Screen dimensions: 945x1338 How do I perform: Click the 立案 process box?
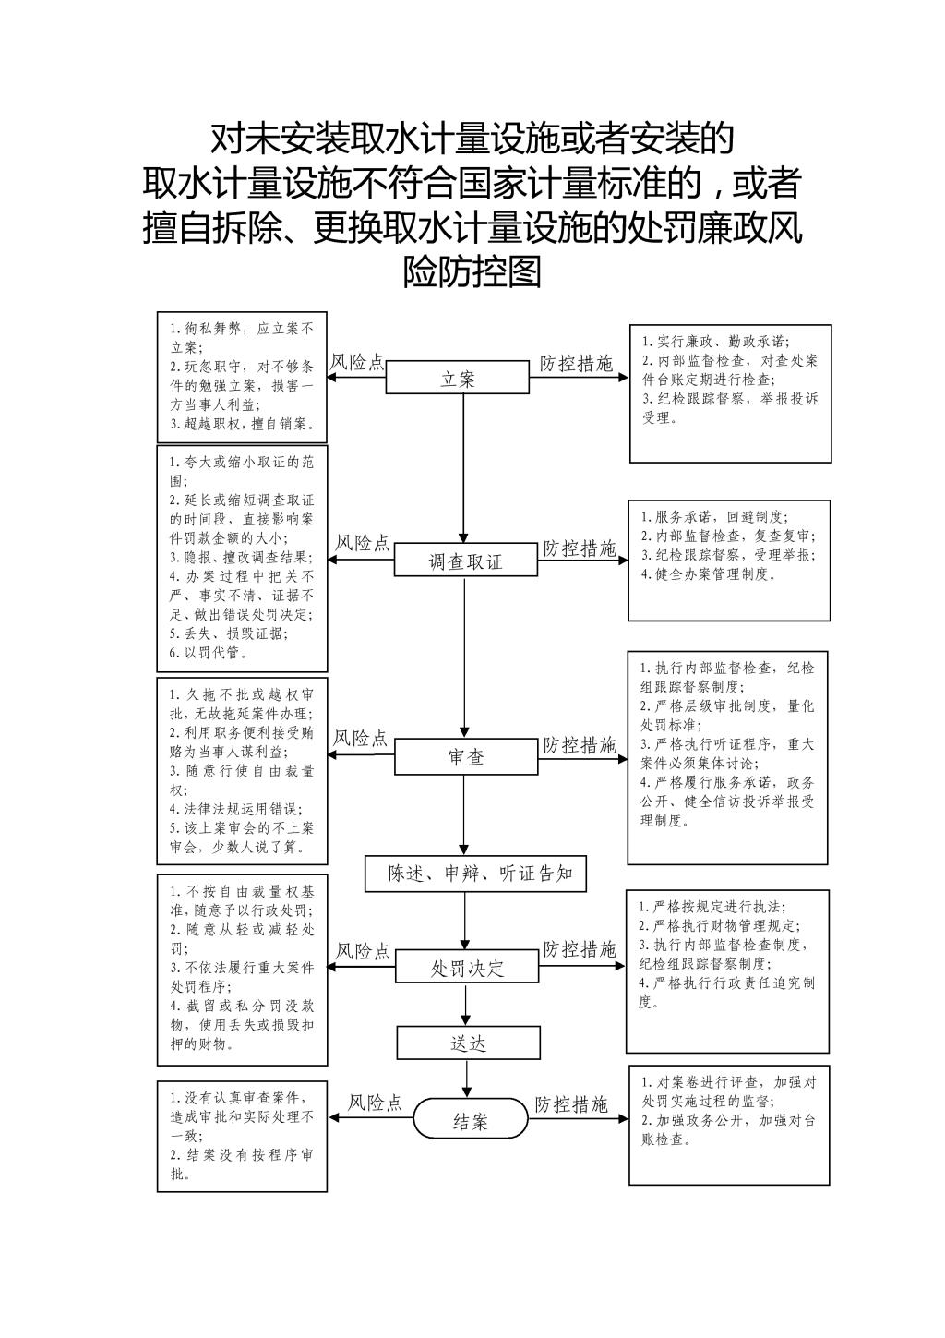457,377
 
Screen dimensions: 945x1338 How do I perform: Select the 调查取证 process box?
465,559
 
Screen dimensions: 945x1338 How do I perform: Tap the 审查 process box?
466,757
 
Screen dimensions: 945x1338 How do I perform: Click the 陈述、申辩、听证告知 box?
475,874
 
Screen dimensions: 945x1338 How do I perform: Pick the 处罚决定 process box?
467,966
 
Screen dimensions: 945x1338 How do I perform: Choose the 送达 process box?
469,1043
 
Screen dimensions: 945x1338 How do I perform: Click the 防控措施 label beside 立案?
576,363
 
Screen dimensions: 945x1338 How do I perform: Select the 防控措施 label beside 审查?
579,745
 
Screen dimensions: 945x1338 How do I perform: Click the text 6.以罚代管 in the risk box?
209,652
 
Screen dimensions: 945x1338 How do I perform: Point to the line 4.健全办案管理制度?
709,574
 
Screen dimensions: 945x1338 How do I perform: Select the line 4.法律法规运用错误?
236,809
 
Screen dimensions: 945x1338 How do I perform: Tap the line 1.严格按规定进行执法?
712,907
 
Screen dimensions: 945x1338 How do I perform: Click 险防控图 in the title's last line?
472,271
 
